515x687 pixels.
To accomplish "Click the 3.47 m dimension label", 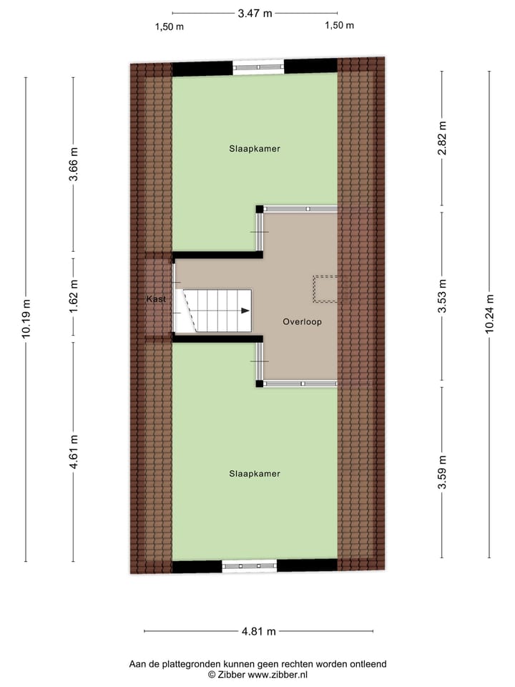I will pyautogui.click(x=255, y=13).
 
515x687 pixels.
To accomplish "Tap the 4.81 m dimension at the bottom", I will pyautogui.click(x=258, y=631).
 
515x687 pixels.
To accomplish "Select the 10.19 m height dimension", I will pyautogui.click(x=26, y=318).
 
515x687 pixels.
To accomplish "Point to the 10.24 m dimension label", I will pyautogui.click(x=489, y=313).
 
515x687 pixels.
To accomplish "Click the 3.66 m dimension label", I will pyautogui.click(x=74, y=165).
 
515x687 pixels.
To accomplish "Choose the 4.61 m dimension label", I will pyautogui.click(x=74, y=452).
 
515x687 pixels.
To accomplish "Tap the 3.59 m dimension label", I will pyautogui.click(x=443, y=473).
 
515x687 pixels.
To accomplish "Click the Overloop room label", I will pyautogui.click(x=302, y=322).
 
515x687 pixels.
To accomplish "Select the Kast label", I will pyautogui.click(x=156, y=298).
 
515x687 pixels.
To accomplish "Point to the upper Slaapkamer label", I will pyautogui.click(x=255, y=149).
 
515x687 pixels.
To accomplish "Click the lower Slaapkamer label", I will pyautogui.click(x=255, y=474).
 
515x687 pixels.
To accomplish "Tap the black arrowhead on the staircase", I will pyautogui.click(x=245, y=311).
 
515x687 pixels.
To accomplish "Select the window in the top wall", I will pyautogui.click(x=258, y=67).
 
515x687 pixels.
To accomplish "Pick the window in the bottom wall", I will pyautogui.click(x=249, y=566).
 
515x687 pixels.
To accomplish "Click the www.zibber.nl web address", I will pyautogui.click(x=277, y=674).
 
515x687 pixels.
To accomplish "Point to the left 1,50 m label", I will pyautogui.click(x=170, y=26).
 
